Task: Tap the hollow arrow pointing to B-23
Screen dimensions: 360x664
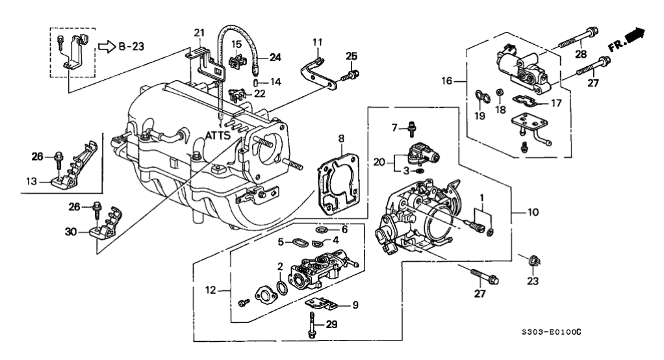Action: point(107,46)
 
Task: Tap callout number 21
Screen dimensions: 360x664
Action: point(198,32)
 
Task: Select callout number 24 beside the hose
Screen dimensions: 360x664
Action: point(275,57)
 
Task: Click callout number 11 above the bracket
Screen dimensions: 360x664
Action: point(317,42)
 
